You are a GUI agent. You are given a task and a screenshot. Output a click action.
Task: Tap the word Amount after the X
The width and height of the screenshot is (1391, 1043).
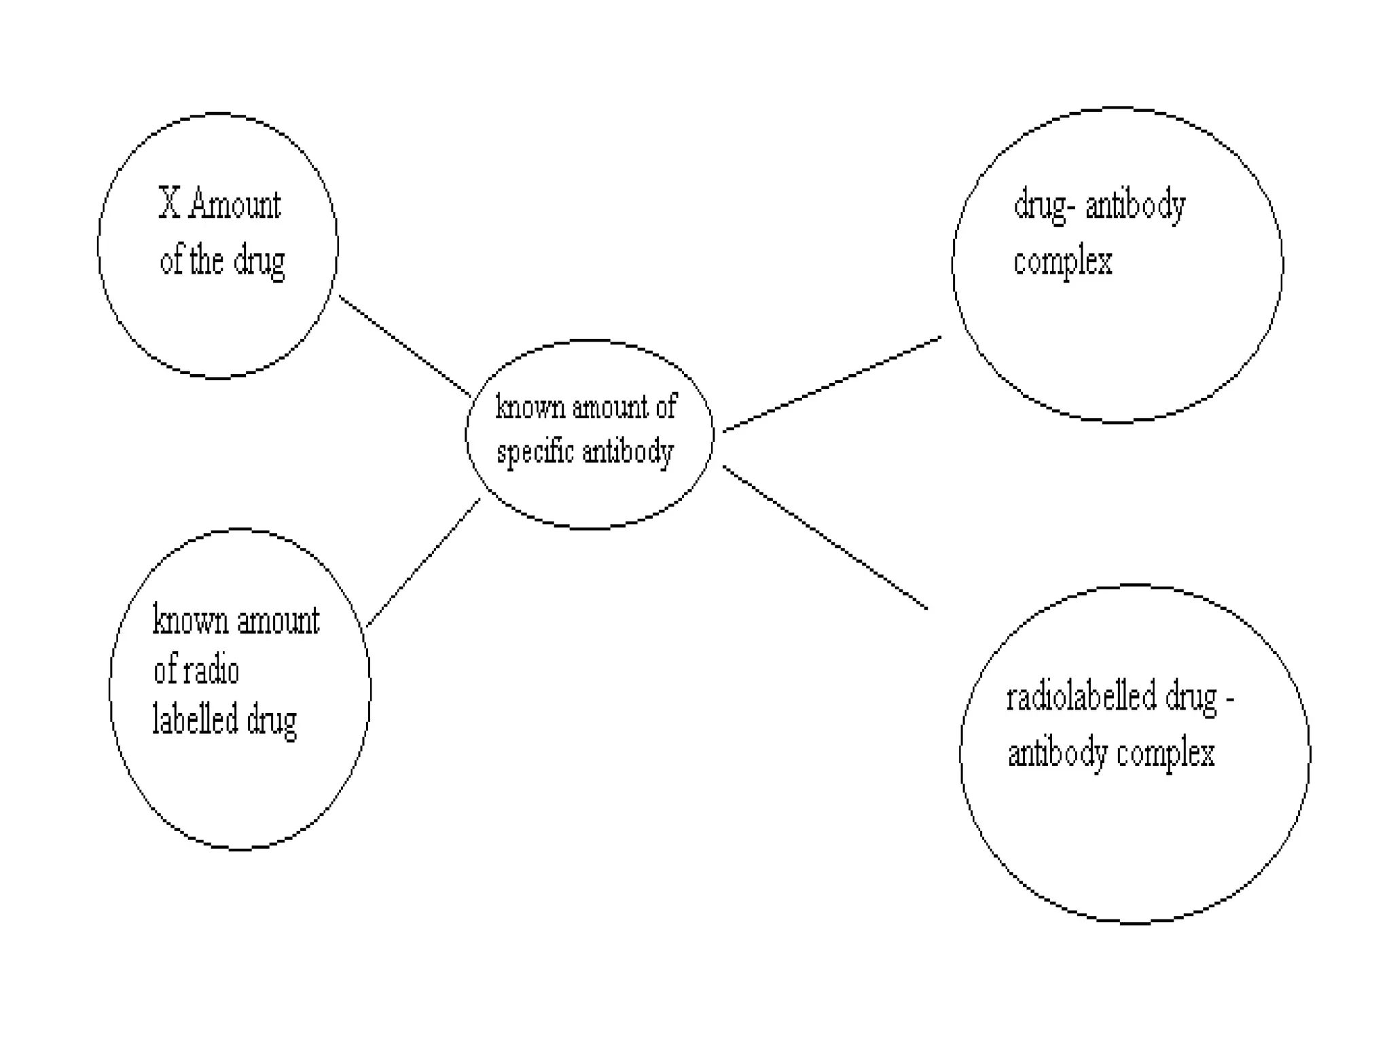[x=234, y=204]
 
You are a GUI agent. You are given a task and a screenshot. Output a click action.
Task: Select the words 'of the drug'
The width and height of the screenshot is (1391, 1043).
[x=222, y=261]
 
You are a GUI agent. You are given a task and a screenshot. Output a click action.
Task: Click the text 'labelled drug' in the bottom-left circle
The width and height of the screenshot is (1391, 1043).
[x=225, y=720]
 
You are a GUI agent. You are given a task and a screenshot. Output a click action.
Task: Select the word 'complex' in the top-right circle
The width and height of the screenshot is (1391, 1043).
[x=1062, y=262]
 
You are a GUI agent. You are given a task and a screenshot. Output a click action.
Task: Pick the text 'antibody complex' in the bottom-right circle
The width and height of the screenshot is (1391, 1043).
[x=1111, y=754]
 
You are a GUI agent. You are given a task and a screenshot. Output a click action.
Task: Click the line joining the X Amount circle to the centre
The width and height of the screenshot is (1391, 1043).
[x=405, y=346]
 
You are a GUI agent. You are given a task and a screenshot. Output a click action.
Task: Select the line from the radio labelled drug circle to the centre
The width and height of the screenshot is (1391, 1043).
[x=423, y=562]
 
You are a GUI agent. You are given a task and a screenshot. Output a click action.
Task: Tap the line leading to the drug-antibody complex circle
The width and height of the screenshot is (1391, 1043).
[x=832, y=384]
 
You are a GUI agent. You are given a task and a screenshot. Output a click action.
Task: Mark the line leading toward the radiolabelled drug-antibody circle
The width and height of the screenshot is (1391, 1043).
[x=825, y=537]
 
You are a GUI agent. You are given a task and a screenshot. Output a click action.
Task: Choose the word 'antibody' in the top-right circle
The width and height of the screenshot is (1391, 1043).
[x=1135, y=206]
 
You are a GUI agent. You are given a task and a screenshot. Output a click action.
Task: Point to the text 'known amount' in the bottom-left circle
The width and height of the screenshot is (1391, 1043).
[x=236, y=621]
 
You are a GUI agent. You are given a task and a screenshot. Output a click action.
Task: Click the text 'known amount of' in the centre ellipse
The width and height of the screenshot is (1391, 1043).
[x=586, y=407]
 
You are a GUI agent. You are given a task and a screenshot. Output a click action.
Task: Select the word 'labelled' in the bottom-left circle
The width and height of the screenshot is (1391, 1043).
[x=195, y=720]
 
